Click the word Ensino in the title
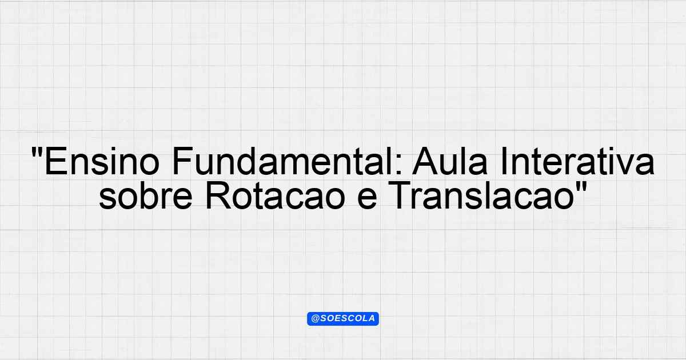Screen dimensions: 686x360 click(x=102, y=161)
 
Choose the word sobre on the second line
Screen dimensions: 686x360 click(x=145, y=195)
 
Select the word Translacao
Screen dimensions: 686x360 click(x=482, y=195)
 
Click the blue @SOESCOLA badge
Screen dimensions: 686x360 click(x=343, y=319)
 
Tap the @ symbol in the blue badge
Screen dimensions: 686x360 click(x=315, y=319)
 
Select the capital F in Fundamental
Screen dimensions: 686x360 click(x=183, y=161)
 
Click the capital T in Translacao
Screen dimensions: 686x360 click(x=401, y=195)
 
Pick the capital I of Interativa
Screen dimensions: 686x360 click(x=504, y=161)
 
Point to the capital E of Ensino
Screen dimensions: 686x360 click(x=56, y=161)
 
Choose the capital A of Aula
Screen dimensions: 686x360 click(x=425, y=161)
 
